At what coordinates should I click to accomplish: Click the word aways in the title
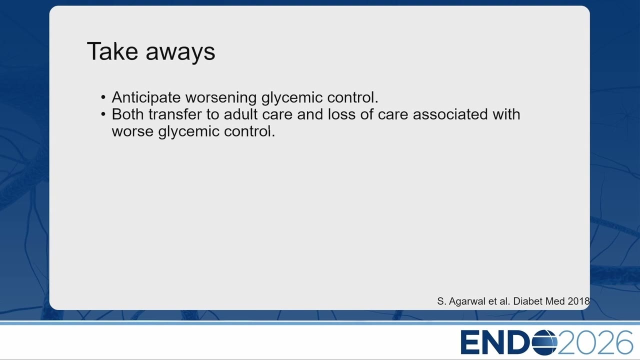180,53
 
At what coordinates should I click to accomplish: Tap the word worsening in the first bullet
221,98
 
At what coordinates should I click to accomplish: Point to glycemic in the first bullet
292,98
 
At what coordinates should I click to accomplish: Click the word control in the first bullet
351,97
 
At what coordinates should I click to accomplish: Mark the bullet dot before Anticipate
103,97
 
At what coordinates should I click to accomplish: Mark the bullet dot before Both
103,114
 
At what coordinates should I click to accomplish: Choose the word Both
127,114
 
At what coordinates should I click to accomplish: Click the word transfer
175,114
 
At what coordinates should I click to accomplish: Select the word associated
450,114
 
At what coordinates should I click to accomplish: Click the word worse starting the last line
132,132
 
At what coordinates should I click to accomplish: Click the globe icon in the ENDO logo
544,342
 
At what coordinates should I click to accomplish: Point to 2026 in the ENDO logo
595,342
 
